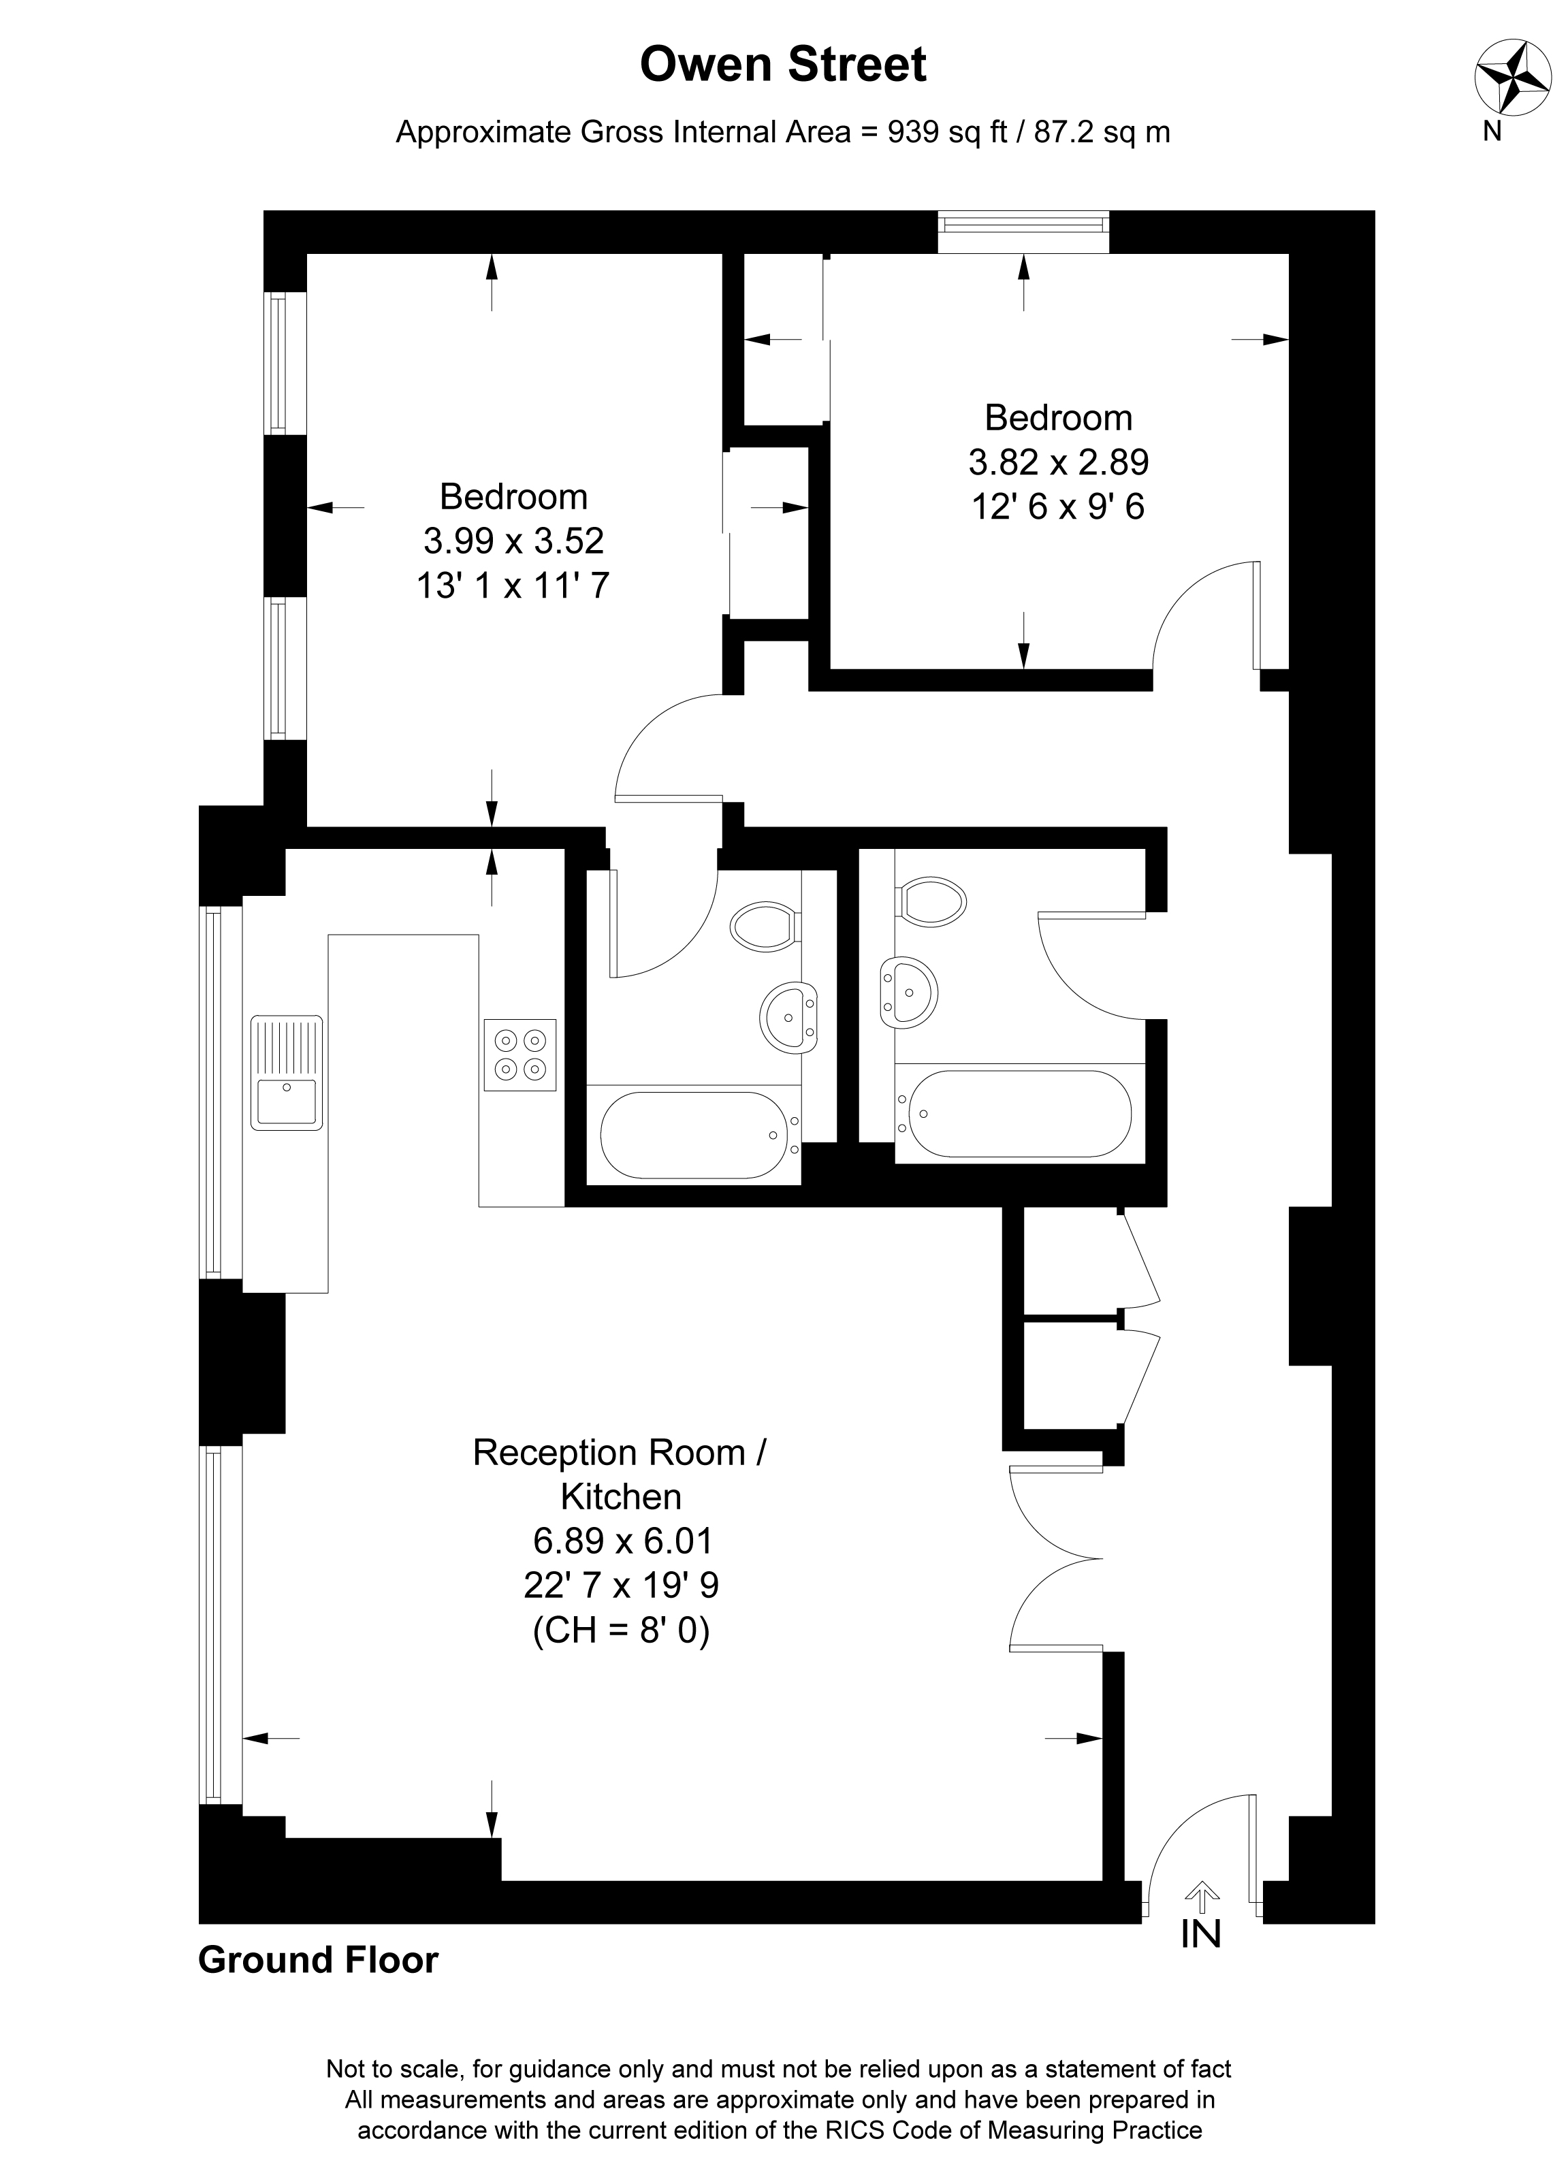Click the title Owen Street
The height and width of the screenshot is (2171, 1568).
(x=782, y=65)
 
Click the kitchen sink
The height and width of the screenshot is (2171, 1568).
(x=287, y=1072)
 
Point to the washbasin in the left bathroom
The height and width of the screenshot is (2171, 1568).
(x=790, y=1018)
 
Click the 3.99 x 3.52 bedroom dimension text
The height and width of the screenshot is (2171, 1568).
(x=514, y=541)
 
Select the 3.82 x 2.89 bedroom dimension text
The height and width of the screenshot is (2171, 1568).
(x=1059, y=462)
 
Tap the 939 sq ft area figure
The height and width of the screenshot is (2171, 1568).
(x=948, y=131)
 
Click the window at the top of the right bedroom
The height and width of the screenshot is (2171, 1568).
(x=1023, y=231)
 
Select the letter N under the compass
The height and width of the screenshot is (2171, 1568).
(x=1492, y=133)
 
